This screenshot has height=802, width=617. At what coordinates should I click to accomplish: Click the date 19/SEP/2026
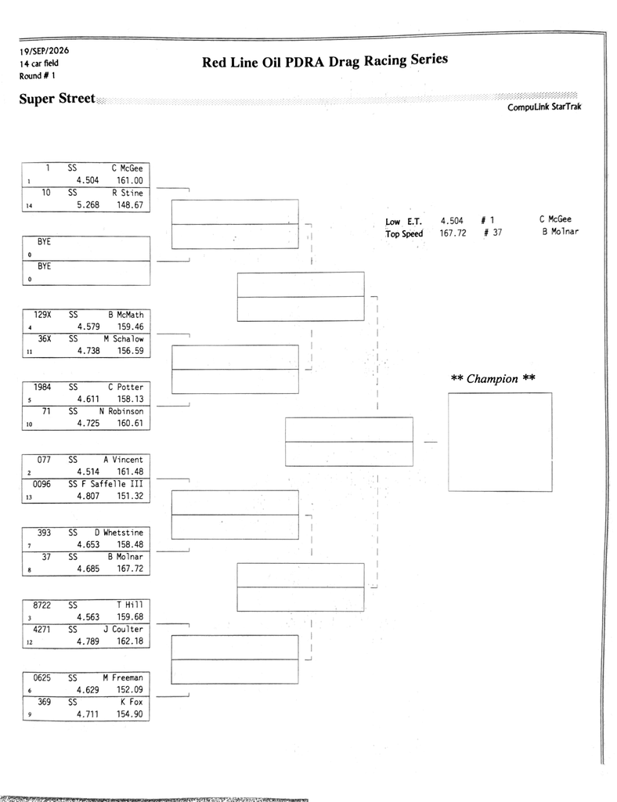44,51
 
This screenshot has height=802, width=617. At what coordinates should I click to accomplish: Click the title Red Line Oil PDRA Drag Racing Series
325,61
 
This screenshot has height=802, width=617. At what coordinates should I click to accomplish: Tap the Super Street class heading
56,99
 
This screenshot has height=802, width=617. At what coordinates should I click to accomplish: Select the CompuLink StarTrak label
544,107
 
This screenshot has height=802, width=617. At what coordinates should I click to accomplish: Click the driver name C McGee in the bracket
128,168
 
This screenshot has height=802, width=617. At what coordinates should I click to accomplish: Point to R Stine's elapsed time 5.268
88,205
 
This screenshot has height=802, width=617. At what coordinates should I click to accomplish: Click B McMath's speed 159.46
130,327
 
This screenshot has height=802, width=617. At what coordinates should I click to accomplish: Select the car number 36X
45,338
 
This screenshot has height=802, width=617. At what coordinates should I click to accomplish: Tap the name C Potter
126,387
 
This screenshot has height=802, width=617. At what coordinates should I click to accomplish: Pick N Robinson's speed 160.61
130,424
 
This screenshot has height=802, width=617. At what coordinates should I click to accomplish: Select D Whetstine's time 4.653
88,545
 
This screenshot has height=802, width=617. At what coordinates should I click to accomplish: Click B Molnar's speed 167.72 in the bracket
130,569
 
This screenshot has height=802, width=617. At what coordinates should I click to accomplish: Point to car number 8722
42,605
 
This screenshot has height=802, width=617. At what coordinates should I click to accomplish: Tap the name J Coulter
123,629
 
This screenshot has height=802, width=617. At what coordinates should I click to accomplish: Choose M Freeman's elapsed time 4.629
88,690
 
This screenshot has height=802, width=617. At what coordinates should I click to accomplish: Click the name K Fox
132,702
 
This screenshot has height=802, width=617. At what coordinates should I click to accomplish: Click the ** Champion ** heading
493,379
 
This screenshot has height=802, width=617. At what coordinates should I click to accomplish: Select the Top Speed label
404,233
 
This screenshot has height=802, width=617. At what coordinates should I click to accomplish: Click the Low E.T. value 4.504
452,221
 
